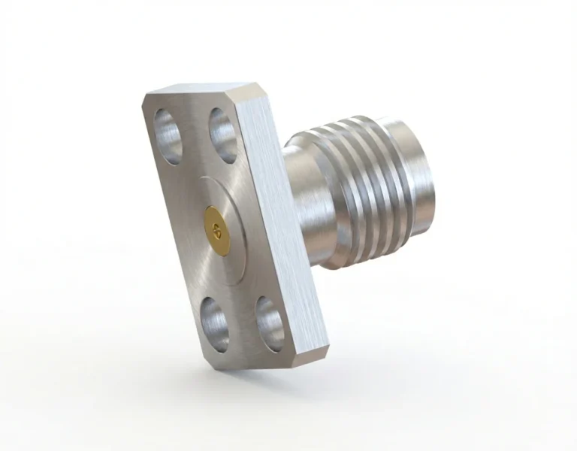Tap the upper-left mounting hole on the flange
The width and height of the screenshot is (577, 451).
coord(168,135)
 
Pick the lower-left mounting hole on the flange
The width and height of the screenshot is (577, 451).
coord(214,323)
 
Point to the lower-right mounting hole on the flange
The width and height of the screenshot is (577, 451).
coord(270,323)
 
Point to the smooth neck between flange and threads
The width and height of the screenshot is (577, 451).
coord(311,210)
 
